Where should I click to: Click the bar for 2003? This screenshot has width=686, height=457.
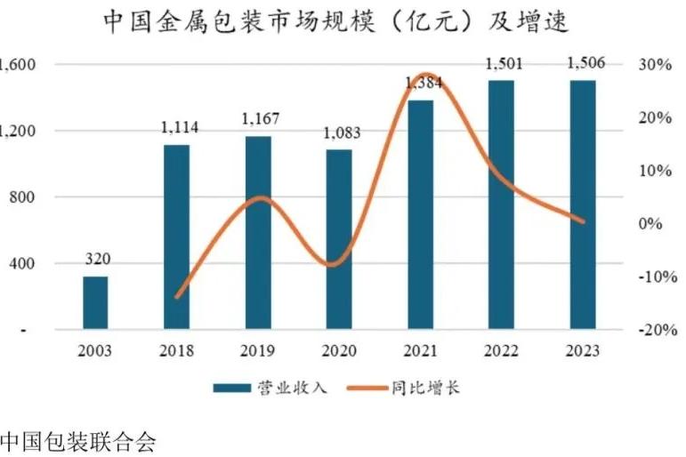pos(95,302)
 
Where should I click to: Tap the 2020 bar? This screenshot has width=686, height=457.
pos(338,240)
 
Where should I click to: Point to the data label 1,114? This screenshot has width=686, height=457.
pos(179,129)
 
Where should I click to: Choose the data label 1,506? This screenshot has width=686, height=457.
pos(583,63)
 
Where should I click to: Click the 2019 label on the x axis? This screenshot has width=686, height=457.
pos(258,350)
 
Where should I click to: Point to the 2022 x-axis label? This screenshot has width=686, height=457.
pos(501,350)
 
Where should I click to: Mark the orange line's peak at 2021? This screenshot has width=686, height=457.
pos(424,76)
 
